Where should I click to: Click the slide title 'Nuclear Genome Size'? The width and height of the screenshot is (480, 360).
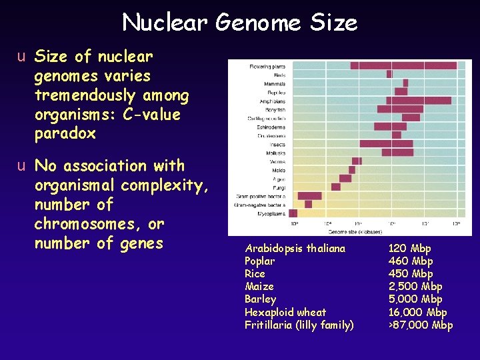[x=240, y=23]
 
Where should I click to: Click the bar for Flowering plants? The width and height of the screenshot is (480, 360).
[x=403, y=65]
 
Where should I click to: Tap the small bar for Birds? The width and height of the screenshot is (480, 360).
[x=389, y=74]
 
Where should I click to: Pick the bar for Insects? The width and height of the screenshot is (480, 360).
[x=386, y=143]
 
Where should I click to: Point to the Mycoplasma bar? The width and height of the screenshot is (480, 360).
[x=293, y=213]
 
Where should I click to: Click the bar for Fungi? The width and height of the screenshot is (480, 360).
[x=336, y=187]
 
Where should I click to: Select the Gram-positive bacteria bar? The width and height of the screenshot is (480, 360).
[x=310, y=196]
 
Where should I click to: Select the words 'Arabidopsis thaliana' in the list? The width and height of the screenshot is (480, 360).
[x=295, y=249]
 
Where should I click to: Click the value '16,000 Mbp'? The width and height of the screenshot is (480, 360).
[x=418, y=312]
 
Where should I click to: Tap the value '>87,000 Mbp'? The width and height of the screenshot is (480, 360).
[x=420, y=325]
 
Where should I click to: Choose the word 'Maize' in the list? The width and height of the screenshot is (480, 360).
[x=259, y=287]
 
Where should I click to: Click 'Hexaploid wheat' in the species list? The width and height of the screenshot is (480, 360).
[x=285, y=312]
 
